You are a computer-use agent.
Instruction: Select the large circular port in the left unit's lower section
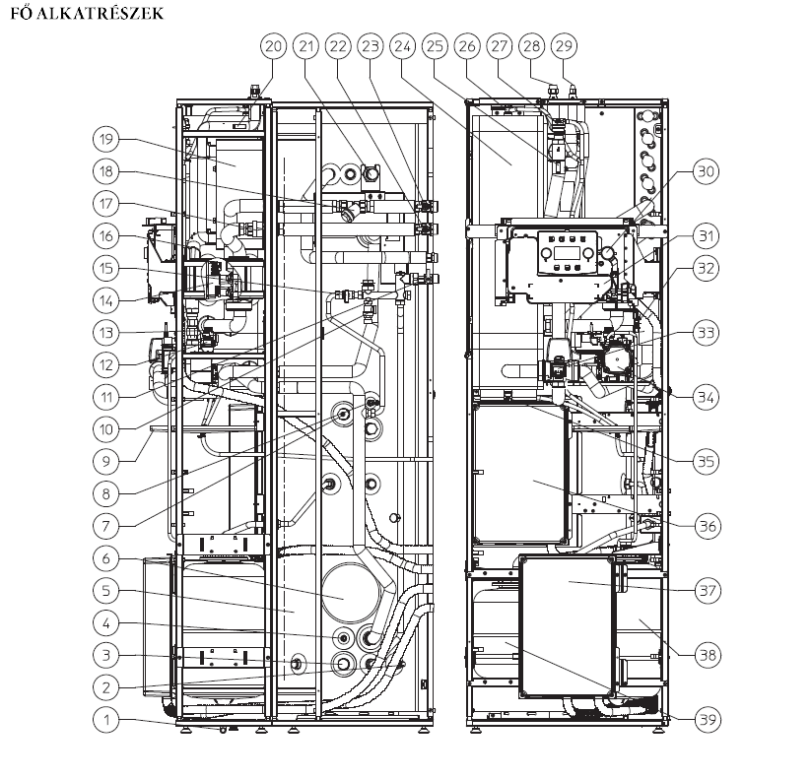tap(342, 598)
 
